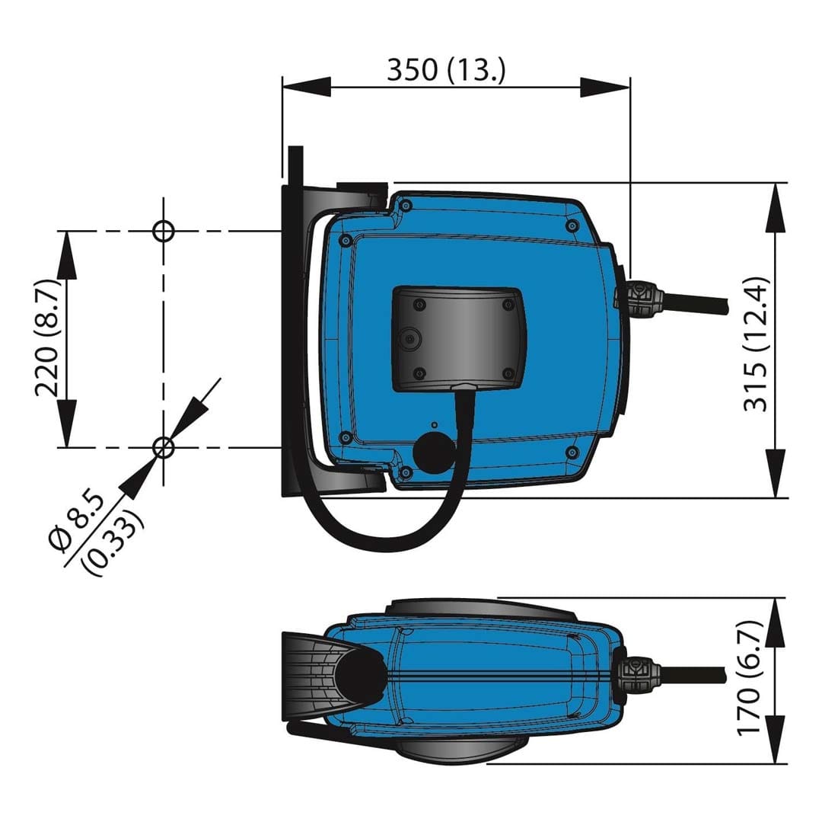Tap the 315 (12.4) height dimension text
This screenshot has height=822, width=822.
(x=757, y=344)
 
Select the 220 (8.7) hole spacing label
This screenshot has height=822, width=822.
(x=48, y=337)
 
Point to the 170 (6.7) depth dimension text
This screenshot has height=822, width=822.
(x=748, y=678)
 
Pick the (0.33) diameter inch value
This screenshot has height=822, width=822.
(x=113, y=543)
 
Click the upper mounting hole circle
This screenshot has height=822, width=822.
(x=163, y=230)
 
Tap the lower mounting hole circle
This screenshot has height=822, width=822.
(x=163, y=447)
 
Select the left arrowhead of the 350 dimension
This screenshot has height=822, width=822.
(x=307, y=87)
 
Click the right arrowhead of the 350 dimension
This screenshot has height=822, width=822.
(x=604, y=87)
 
